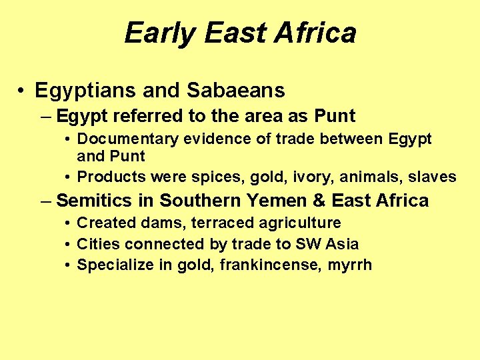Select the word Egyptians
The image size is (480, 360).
(89, 90)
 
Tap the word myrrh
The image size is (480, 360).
(351, 265)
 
